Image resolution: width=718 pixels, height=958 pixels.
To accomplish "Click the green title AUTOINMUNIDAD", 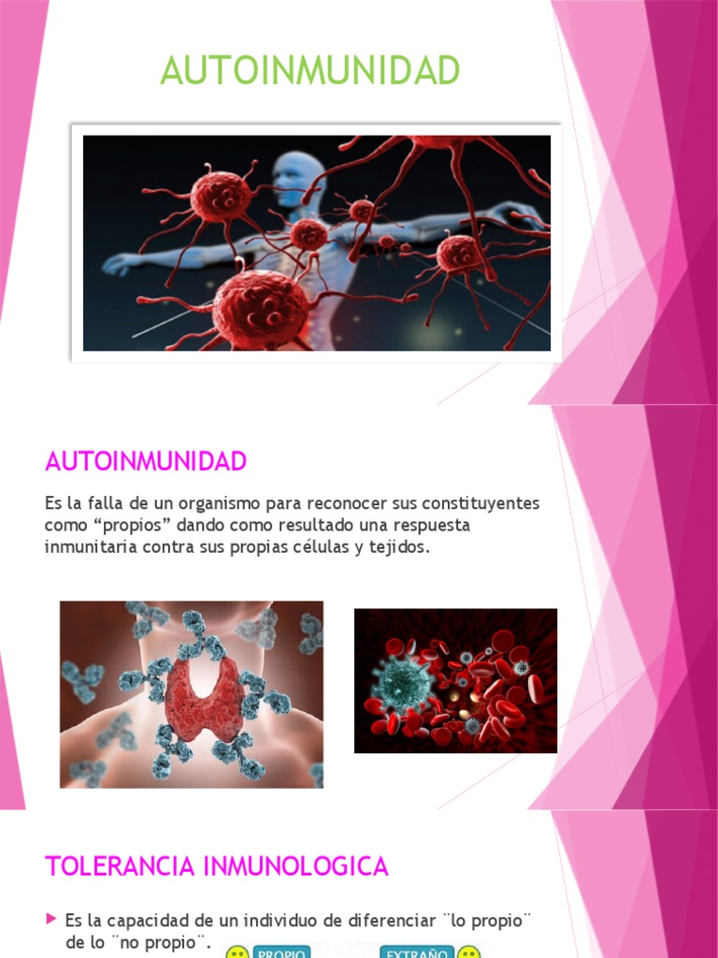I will [x=309, y=71].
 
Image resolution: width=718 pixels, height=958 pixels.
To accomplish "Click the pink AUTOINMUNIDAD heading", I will [x=145, y=461].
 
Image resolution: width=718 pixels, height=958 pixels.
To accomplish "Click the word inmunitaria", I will [x=91, y=547].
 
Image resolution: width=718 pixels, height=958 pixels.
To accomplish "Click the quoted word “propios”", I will [x=119, y=526].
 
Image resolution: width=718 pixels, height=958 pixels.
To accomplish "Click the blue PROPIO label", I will [x=281, y=952].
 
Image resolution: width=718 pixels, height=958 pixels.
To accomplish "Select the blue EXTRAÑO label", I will [x=417, y=952].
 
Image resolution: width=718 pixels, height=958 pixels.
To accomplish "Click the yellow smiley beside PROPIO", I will [x=237, y=953].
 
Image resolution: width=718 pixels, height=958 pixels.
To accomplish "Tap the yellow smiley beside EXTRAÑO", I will [x=468, y=953].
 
